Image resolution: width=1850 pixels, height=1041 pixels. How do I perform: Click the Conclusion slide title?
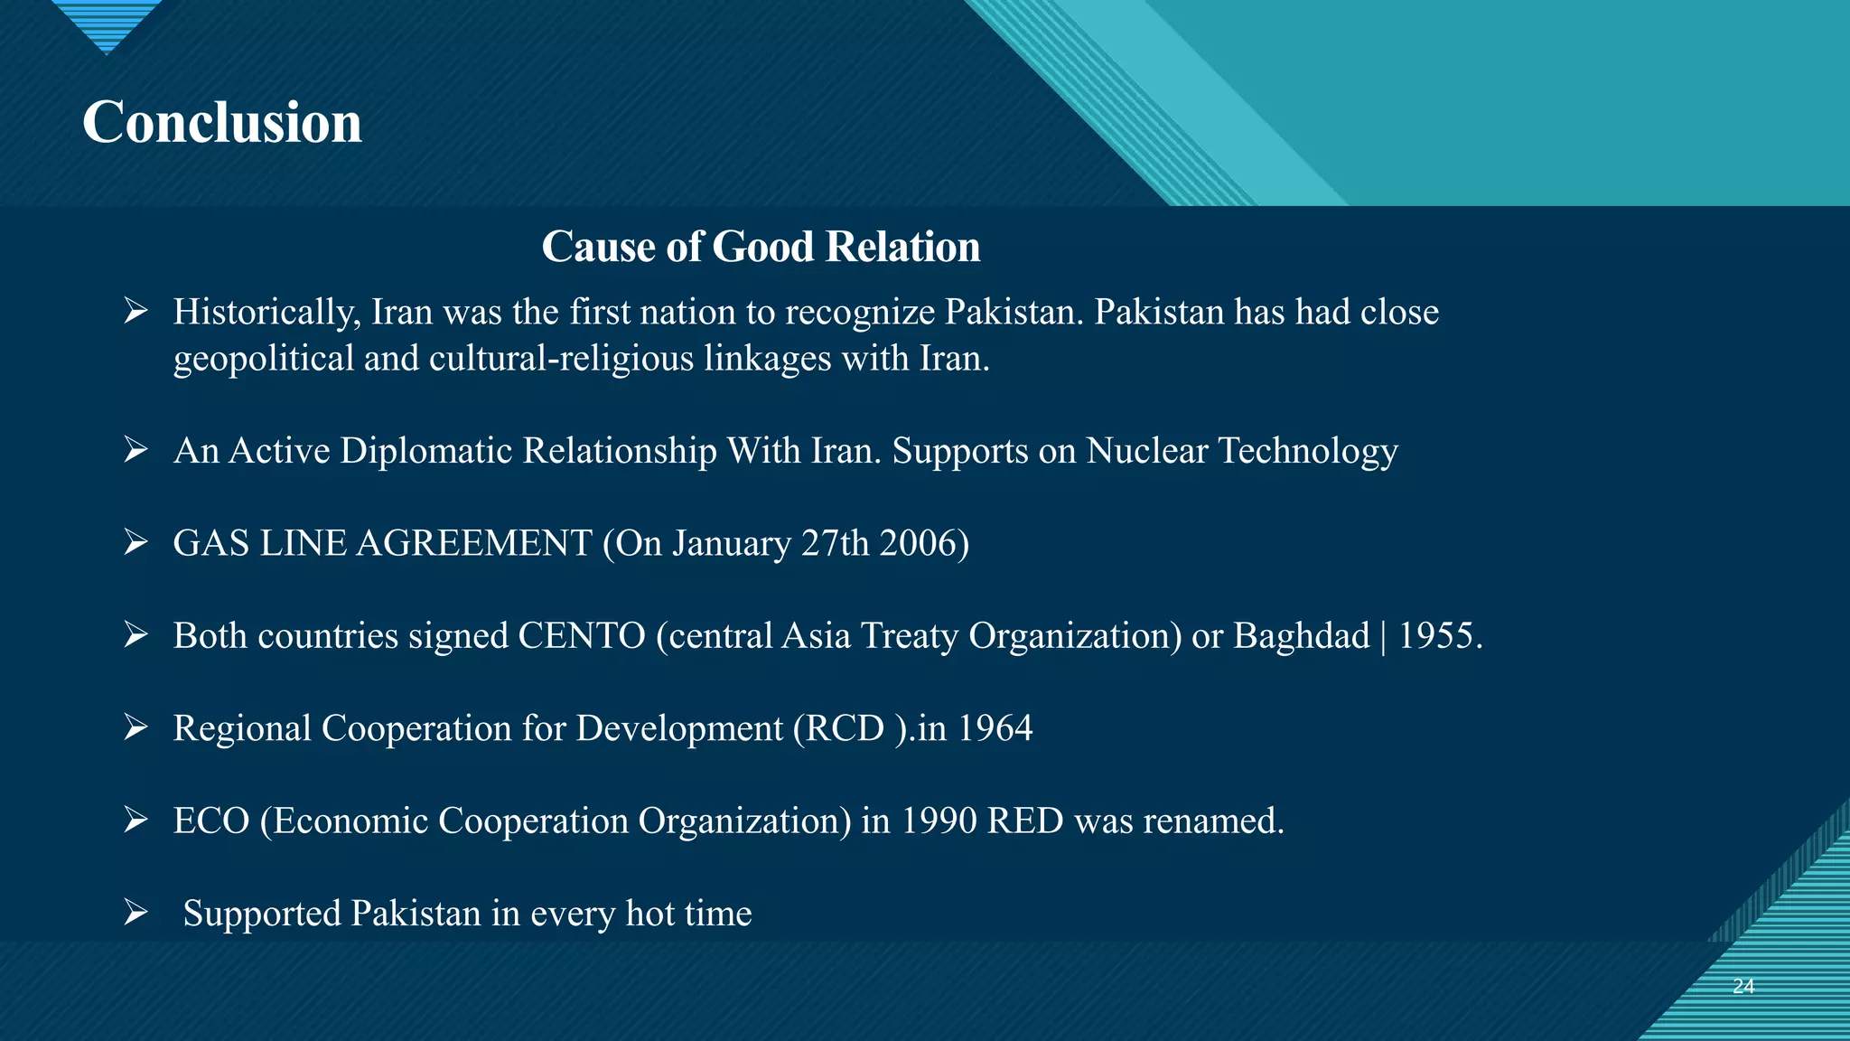click(x=222, y=122)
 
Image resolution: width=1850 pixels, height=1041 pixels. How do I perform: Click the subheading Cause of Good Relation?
click(x=761, y=247)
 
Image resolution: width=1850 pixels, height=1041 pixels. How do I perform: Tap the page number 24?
click(x=1743, y=986)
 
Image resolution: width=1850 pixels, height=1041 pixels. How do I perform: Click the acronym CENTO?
click(x=581, y=636)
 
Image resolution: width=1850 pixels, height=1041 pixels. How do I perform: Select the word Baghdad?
click(x=1302, y=636)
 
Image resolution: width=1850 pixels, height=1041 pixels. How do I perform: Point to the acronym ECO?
click(x=210, y=821)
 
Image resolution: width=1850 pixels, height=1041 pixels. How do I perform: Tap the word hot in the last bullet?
click(x=649, y=914)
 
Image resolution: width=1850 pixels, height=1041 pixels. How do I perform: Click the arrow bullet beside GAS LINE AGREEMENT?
click(x=136, y=542)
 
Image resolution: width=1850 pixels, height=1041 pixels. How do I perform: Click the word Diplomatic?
click(x=426, y=451)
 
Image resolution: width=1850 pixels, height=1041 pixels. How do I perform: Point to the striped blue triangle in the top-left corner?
click(x=107, y=23)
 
